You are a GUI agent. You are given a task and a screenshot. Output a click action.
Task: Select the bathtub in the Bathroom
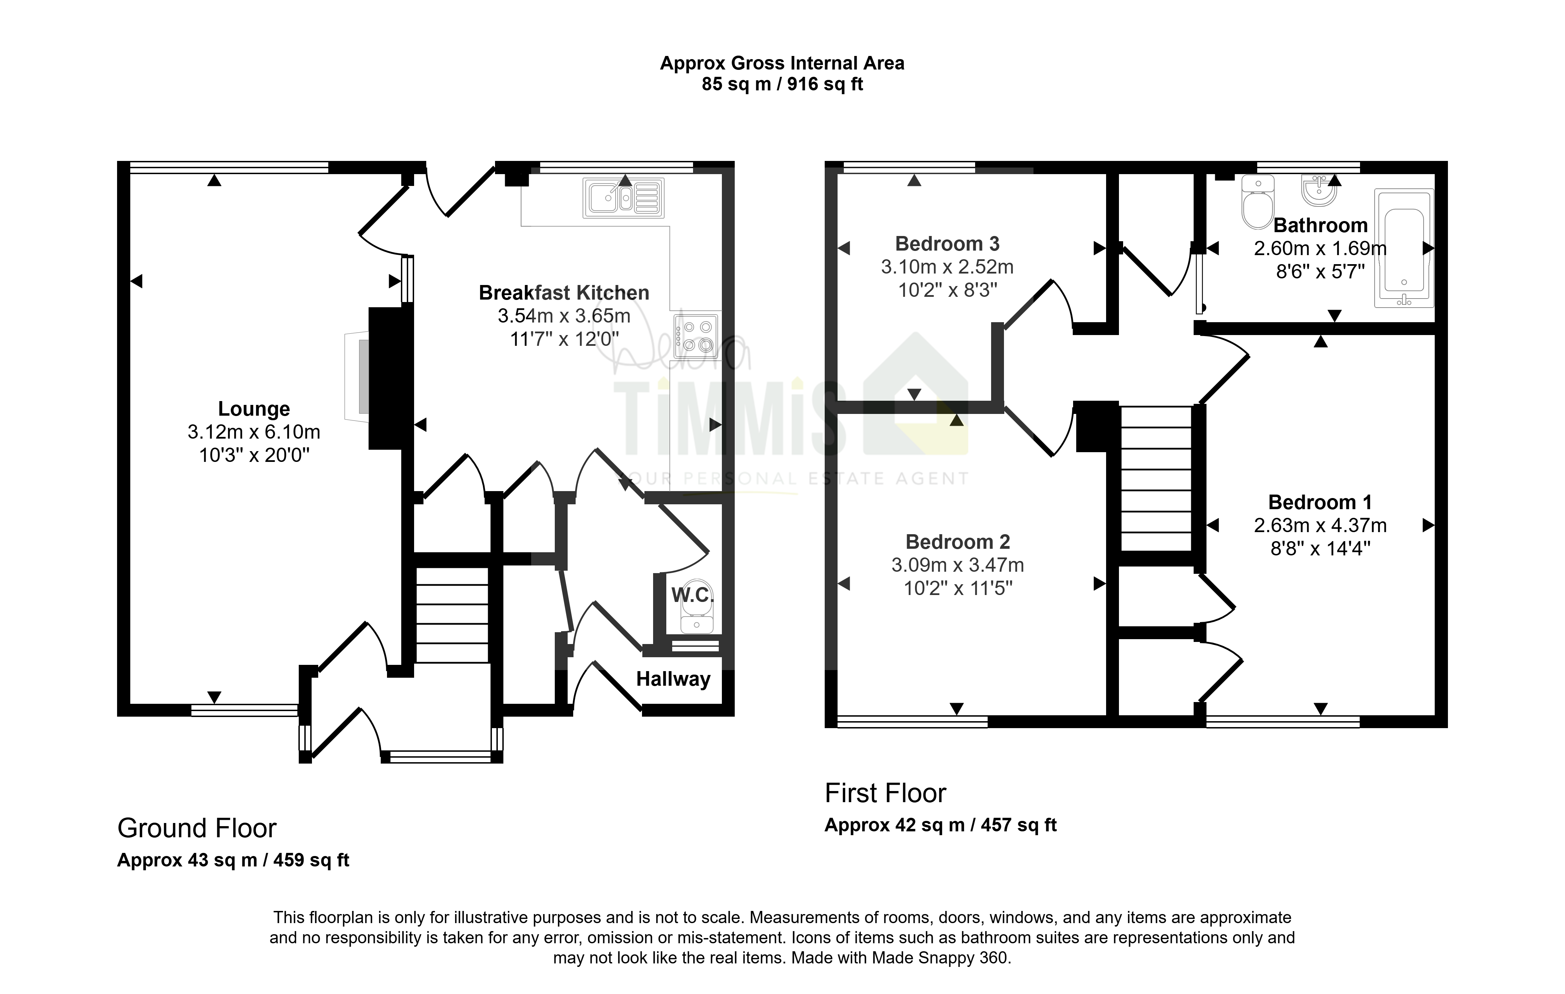[1404, 248]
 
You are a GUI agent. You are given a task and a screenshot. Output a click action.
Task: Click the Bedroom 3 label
[947, 244]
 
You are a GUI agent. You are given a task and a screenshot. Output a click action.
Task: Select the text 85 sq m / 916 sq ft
[782, 84]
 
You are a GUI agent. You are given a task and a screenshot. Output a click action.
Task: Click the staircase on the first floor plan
[1156, 479]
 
